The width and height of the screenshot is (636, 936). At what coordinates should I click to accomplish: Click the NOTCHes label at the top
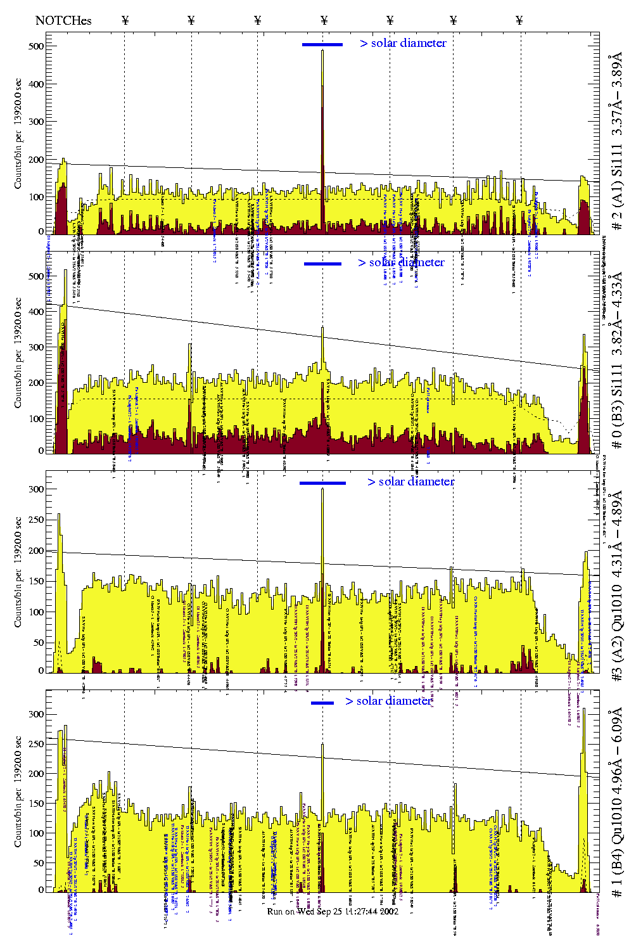point(63,20)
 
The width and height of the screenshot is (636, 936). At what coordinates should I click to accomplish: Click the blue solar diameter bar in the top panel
point(322,44)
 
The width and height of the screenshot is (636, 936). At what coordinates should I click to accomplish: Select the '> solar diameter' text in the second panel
point(401,262)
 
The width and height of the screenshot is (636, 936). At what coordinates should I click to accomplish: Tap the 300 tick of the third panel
point(37,489)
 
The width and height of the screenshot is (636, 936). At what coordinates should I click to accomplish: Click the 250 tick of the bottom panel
point(37,744)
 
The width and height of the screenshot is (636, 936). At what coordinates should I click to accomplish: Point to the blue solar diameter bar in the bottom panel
point(322,703)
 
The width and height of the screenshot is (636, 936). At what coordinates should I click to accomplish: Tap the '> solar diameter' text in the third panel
point(410,482)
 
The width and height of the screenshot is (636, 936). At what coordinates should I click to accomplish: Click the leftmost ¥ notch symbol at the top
point(125,20)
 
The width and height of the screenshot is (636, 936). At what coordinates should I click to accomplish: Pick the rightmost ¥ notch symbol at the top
point(519,20)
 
